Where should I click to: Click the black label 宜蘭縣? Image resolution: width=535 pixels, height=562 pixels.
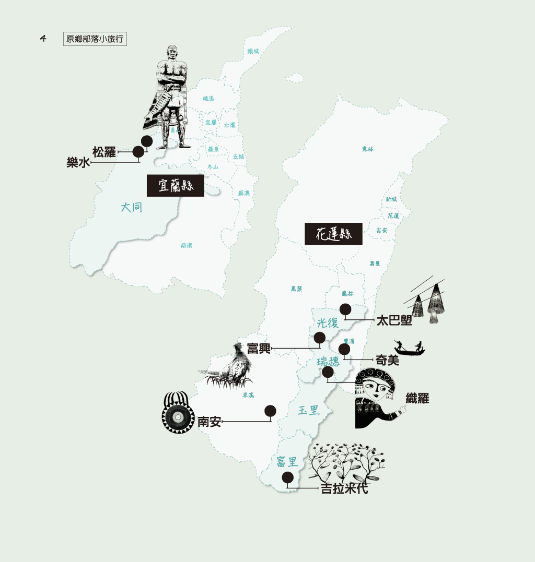pos(175,185)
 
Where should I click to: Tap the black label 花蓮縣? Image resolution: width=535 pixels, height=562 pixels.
pos(333,234)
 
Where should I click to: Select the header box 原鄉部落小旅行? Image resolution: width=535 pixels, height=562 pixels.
pos(95,39)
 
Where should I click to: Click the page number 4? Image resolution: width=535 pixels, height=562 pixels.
pos(43,38)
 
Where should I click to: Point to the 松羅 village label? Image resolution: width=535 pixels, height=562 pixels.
pos(103,152)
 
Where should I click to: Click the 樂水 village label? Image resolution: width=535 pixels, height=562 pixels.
pos(78,163)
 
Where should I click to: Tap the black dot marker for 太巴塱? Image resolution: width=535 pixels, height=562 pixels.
pos(345,309)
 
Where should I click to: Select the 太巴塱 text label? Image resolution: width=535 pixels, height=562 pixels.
pos(394,320)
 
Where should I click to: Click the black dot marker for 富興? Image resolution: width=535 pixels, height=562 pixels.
pos(319,338)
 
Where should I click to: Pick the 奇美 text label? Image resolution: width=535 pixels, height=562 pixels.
pos(387,360)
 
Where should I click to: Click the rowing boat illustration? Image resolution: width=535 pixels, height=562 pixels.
pos(409,348)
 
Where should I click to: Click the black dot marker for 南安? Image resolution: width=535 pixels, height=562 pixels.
pos(270,411)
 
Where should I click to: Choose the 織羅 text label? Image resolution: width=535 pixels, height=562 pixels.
pos(417,398)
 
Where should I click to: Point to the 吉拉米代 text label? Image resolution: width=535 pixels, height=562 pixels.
pos(344,489)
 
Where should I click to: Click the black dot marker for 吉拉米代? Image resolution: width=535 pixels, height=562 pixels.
pos(287,477)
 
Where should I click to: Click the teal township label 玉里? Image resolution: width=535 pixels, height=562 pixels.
pos(308,410)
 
